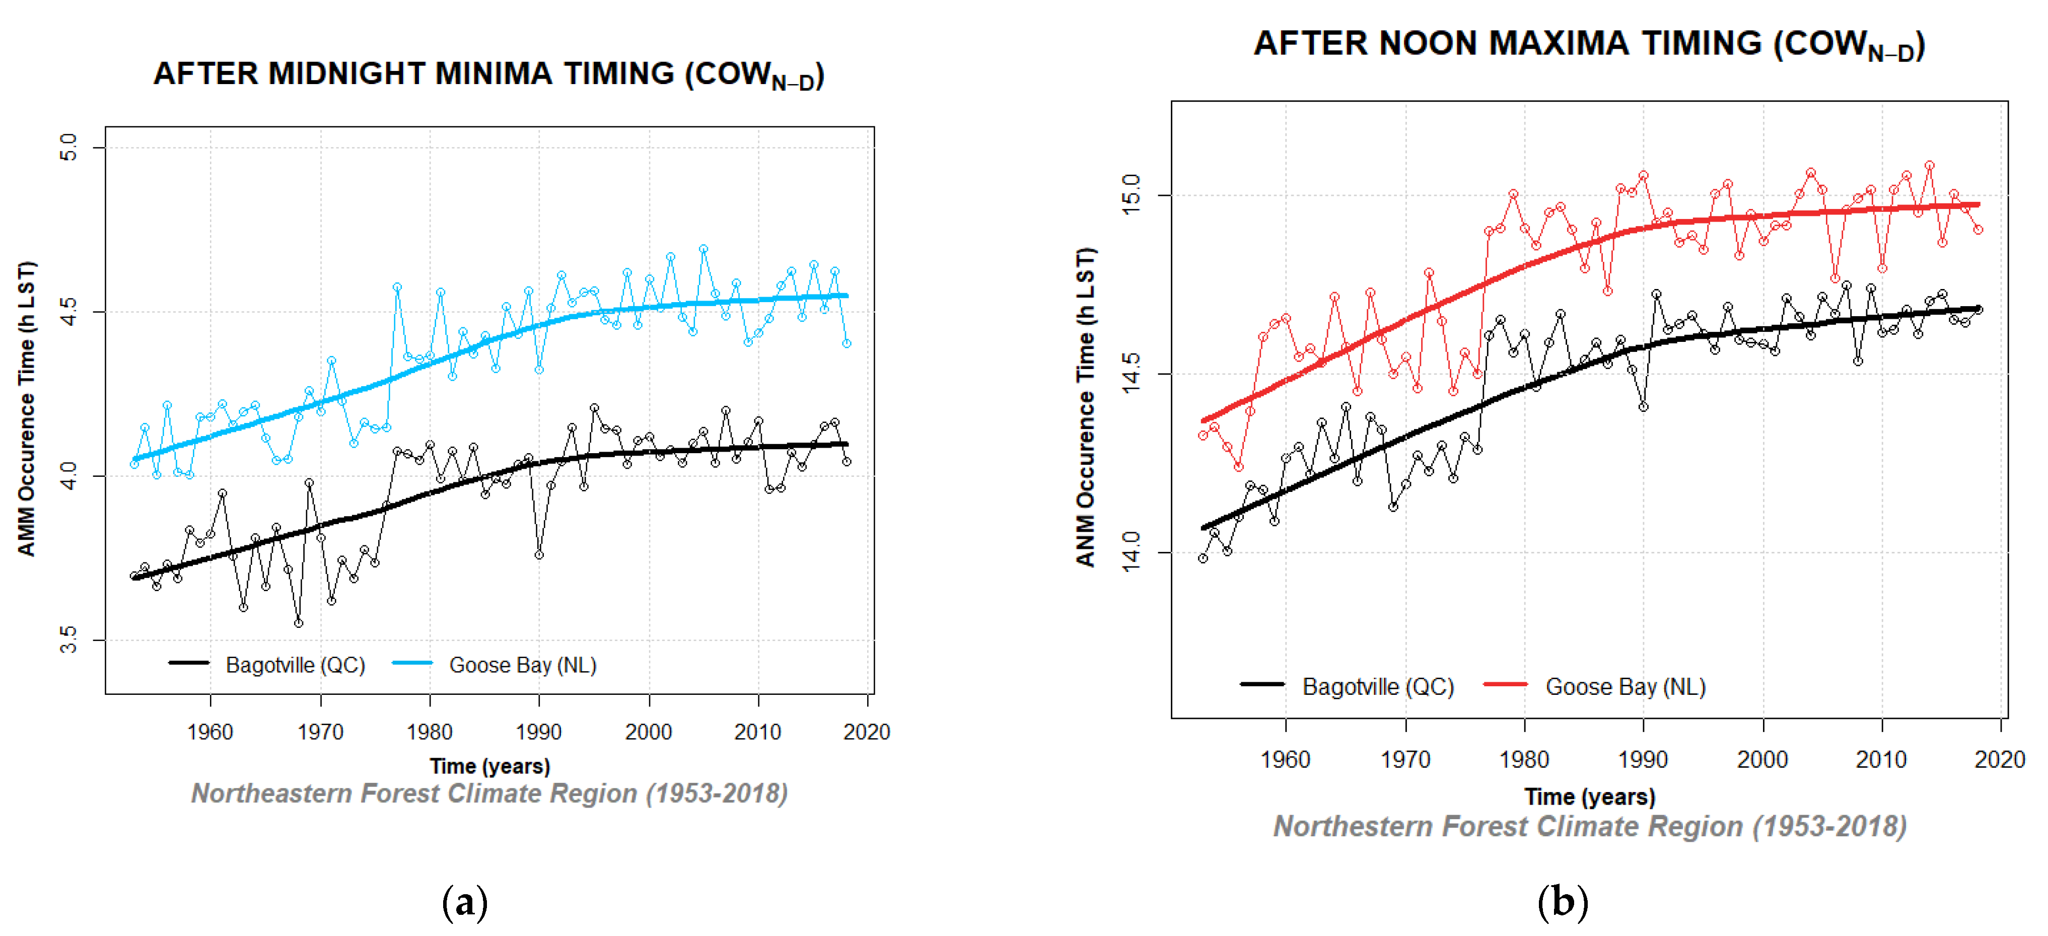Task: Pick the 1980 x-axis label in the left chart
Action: pyautogui.click(x=430, y=732)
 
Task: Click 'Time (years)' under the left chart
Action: pyautogui.click(x=490, y=766)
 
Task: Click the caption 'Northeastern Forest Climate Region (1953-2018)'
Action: pyautogui.click(x=490, y=794)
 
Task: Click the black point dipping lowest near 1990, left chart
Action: pyautogui.click(x=539, y=555)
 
